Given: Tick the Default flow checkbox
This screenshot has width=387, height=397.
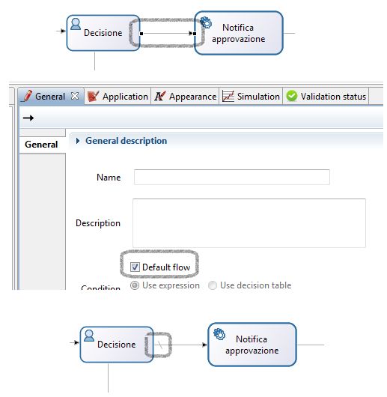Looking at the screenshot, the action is coord(135,267).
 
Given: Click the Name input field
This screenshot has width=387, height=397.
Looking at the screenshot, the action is coord(232,177).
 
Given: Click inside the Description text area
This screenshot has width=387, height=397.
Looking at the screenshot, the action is coord(249,223).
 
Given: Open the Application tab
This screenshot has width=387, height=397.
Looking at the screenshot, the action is coord(118,96).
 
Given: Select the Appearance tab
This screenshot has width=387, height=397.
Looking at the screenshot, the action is coord(185,96).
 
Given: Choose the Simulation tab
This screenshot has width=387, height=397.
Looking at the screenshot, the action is coord(251,96).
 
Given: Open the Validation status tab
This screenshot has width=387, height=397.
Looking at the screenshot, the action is coord(326,96).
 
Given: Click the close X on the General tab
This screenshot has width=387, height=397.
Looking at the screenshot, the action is coord(75,96).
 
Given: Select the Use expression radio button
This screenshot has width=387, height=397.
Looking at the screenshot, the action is coord(135,285).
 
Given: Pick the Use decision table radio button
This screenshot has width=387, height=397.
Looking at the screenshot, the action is coord(213,285).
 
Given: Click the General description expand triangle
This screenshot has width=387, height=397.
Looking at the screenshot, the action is coord(78,141).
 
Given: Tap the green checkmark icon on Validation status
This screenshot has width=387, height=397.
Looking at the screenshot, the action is coord(292,96).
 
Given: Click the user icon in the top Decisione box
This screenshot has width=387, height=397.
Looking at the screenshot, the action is coord(76,24).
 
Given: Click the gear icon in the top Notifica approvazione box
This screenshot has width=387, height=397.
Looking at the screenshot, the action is coord(206,22).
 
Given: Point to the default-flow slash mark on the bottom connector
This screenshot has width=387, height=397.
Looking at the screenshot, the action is coord(160,345).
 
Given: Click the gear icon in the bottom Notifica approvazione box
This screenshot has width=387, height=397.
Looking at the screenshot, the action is coord(219,334).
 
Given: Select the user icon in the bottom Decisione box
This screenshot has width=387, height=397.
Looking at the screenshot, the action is coord(89,336).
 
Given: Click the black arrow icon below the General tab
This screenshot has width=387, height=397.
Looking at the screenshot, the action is coord(28,118).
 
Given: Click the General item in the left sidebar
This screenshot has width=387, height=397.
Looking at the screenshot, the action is coord(41,145).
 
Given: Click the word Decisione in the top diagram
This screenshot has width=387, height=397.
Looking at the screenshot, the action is coord(103,33).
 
